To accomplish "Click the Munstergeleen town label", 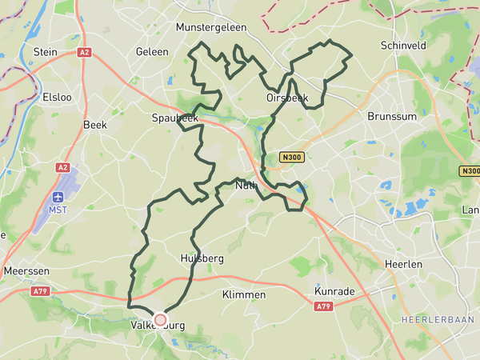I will [211, 26].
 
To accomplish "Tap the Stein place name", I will [45, 52].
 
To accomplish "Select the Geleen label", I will [152, 52].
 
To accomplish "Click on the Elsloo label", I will [57, 97].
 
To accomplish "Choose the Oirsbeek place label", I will [287, 98].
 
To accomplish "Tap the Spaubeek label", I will [174, 118].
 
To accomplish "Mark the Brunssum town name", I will [388, 116].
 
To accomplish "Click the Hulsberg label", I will [202, 259].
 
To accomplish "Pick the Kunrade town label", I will [334, 291].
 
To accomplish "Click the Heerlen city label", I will [402, 264].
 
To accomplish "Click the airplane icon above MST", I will [58, 197].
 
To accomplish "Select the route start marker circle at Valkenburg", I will [160, 320].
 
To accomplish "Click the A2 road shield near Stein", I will [84, 52].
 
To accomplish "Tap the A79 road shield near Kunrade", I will [323, 307].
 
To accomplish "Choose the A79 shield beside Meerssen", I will [40, 292].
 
